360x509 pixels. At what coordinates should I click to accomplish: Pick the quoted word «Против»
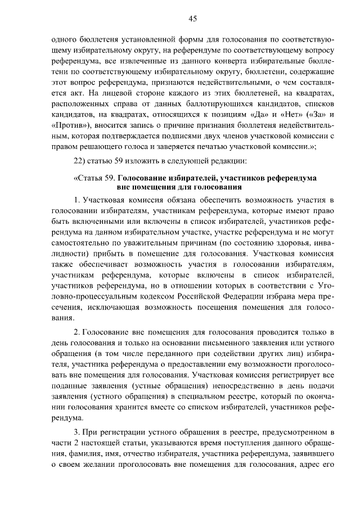click(66, 125)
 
